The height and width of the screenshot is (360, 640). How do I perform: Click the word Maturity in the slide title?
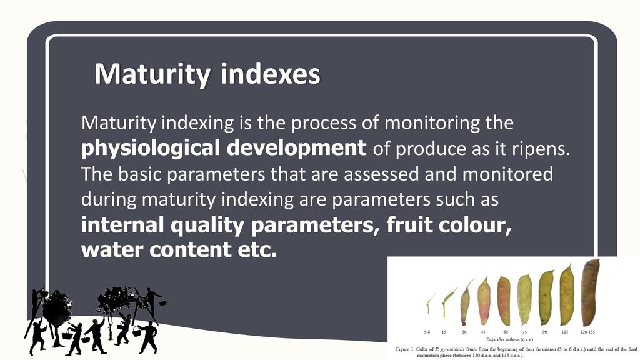click(x=152, y=74)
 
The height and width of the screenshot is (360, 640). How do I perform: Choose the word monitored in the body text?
click(x=507, y=174)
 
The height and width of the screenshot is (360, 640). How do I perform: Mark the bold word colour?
click(x=476, y=225)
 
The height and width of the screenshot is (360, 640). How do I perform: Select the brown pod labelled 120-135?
click(x=590, y=292)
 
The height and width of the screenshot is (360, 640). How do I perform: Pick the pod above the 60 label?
click(x=504, y=300)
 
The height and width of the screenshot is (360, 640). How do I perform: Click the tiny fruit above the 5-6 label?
click(x=429, y=304)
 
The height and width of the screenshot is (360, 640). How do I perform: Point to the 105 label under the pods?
click(x=565, y=332)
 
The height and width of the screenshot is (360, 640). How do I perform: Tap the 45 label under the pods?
click(x=483, y=332)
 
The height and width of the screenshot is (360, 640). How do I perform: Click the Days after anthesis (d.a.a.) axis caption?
click(x=509, y=339)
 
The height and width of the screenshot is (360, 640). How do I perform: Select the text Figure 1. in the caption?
click(x=405, y=349)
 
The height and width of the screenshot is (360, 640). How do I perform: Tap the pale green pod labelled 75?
click(x=524, y=299)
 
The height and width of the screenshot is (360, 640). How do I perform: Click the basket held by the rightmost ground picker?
click(x=137, y=331)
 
